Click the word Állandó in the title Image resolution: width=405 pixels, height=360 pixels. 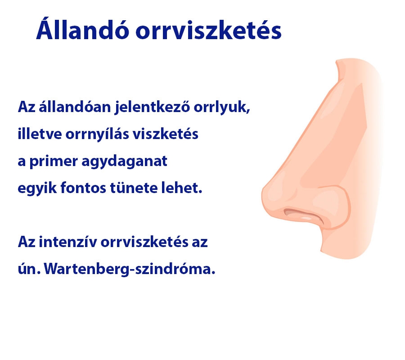pyautogui.click(x=80, y=31)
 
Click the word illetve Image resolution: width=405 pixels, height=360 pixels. pyautogui.click(x=37, y=135)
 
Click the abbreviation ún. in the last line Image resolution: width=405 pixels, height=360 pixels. pyautogui.click(x=30, y=270)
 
